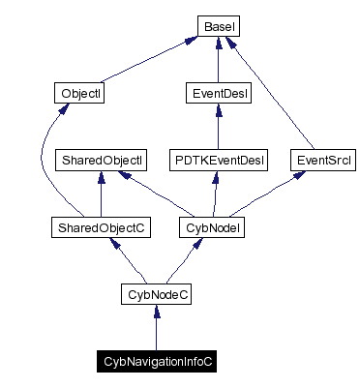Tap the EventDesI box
(217, 94)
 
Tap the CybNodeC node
(156, 293)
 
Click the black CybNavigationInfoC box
(156, 360)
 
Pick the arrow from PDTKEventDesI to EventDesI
(217, 127)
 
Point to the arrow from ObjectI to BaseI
(145, 59)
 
